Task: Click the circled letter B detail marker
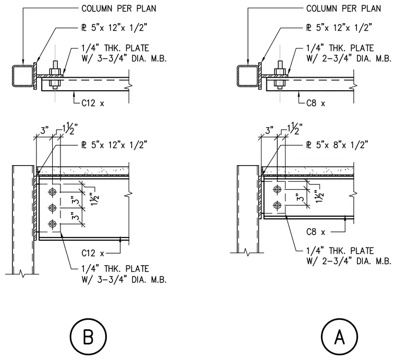point(88,337)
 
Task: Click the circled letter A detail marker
point(339,337)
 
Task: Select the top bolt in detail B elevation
point(52,192)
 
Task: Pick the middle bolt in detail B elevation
point(52,208)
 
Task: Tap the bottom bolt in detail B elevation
point(52,224)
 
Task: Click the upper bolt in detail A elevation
point(277,189)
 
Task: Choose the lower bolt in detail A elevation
point(277,205)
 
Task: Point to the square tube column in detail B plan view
point(22,76)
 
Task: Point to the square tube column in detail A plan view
point(247,76)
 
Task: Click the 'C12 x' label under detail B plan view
point(93,103)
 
